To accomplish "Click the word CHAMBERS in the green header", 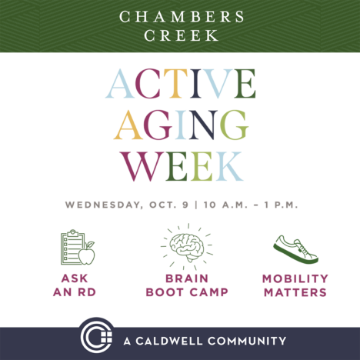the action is [x=182, y=17].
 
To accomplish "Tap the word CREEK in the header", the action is [x=181, y=35].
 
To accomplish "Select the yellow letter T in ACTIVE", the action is [x=176, y=84].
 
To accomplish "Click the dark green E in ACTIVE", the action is [x=245, y=84].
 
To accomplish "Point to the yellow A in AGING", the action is [x=128, y=125].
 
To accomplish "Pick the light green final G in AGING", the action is [x=234, y=125].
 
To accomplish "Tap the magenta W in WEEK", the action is [x=142, y=166].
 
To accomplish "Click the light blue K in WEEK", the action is [x=228, y=166].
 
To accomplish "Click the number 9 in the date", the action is [x=185, y=205].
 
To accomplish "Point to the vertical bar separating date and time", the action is [x=196, y=205].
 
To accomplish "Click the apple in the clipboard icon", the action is [x=87, y=254].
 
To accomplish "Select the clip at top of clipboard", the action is [x=73, y=233].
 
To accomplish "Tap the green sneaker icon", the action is [x=295, y=249].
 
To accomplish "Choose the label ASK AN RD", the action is [x=75, y=285].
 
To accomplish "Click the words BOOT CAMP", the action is [x=187, y=292].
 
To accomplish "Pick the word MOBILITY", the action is [x=295, y=278].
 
